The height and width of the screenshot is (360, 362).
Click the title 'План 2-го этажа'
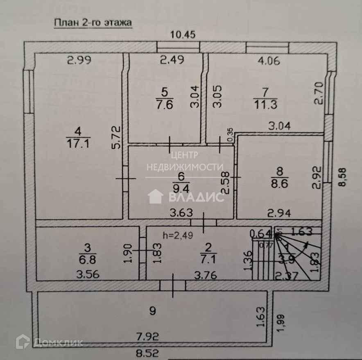click(93, 23)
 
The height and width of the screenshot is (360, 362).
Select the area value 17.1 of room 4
click(78, 143)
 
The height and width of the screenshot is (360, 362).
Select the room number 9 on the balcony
click(152, 311)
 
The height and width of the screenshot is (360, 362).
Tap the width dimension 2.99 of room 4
click(79, 60)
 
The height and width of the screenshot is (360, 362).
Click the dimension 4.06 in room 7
click(269, 61)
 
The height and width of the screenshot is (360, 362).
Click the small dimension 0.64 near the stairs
click(258, 234)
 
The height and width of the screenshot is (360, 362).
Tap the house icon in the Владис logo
click(156, 197)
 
